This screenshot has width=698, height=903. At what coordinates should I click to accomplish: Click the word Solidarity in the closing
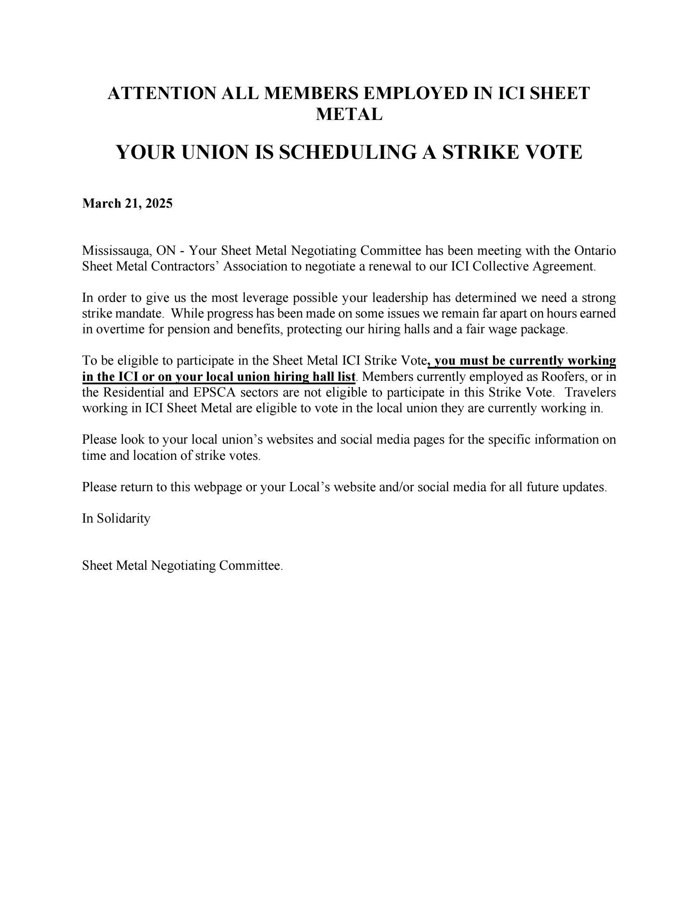point(123,518)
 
